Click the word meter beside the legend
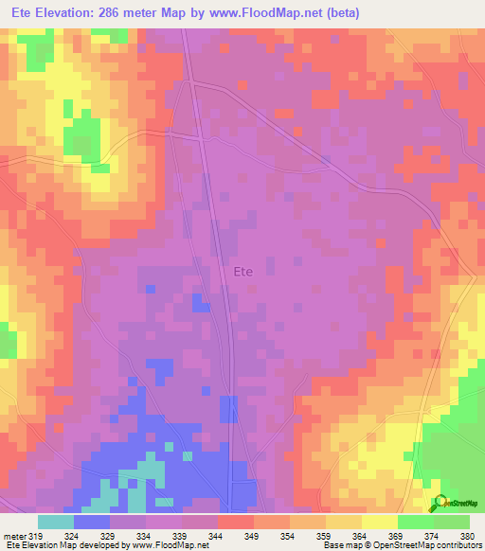18,535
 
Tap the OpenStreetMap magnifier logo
440,502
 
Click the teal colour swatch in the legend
56,522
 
